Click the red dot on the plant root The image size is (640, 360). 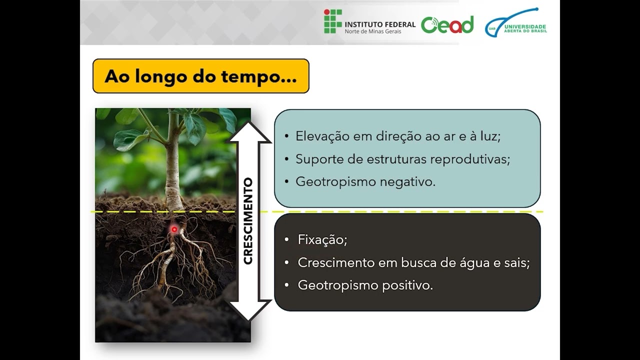(x=174, y=229)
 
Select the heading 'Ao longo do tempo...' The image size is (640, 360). (x=200, y=76)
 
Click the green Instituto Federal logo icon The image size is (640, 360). (x=332, y=21)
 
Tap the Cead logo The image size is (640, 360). (x=447, y=24)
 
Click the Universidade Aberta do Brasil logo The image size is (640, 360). (x=515, y=24)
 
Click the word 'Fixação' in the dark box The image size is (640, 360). (x=322, y=240)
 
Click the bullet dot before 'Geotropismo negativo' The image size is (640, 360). (x=286, y=182)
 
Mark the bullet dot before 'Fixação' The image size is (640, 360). (x=286, y=240)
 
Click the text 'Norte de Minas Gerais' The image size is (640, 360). (x=372, y=31)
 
